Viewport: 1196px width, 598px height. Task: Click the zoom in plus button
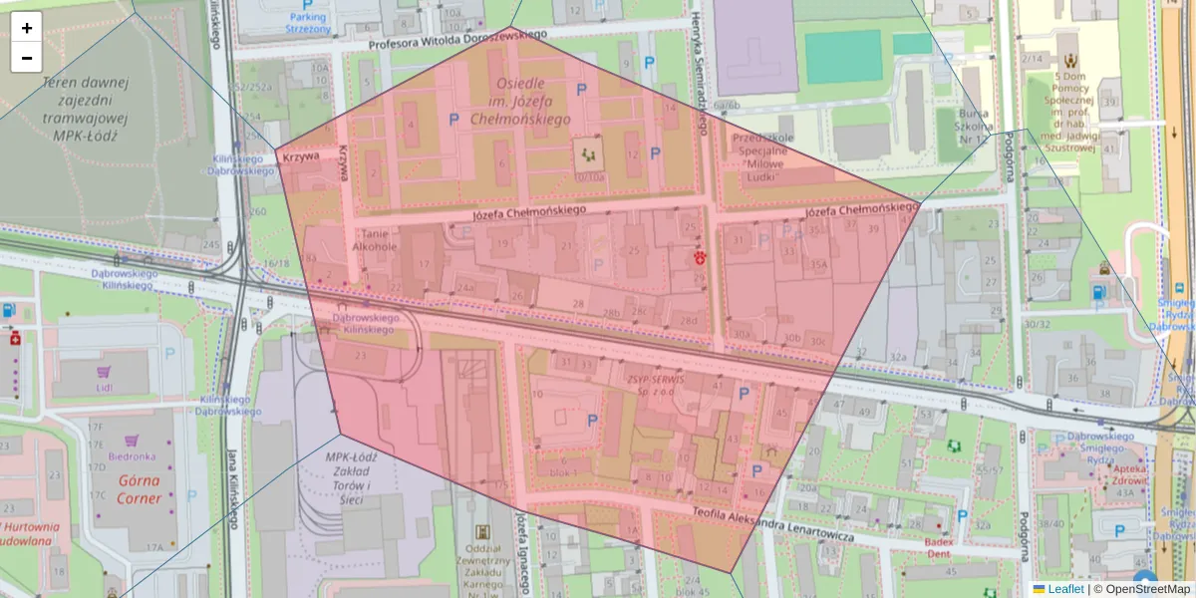pos(27,28)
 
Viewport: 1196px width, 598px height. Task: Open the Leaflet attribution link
pos(1065,589)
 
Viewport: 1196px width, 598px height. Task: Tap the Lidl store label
pos(105,387)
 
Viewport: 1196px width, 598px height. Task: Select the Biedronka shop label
pos(132,456)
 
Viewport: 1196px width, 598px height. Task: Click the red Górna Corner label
pos(139,488)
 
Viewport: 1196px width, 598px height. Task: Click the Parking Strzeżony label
pos(308,23)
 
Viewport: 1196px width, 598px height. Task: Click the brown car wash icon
pos(1104,267)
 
